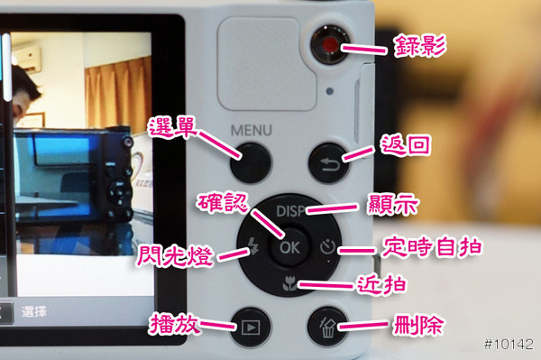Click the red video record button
(329, 45)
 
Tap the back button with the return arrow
(328, 163)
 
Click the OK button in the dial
(289, 247)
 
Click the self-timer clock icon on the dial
(327, 247)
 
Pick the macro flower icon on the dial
(289, 283)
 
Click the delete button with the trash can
(328, 327)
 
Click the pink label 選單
(173, 127)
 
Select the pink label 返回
(406, 145)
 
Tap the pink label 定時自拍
(432, 247)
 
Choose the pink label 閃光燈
(175, 255)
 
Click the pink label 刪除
(418, 325)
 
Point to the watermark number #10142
(509, 344)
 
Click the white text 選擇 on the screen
(34, 311)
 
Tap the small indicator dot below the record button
(329, 91)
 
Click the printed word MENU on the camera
(252, 131)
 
